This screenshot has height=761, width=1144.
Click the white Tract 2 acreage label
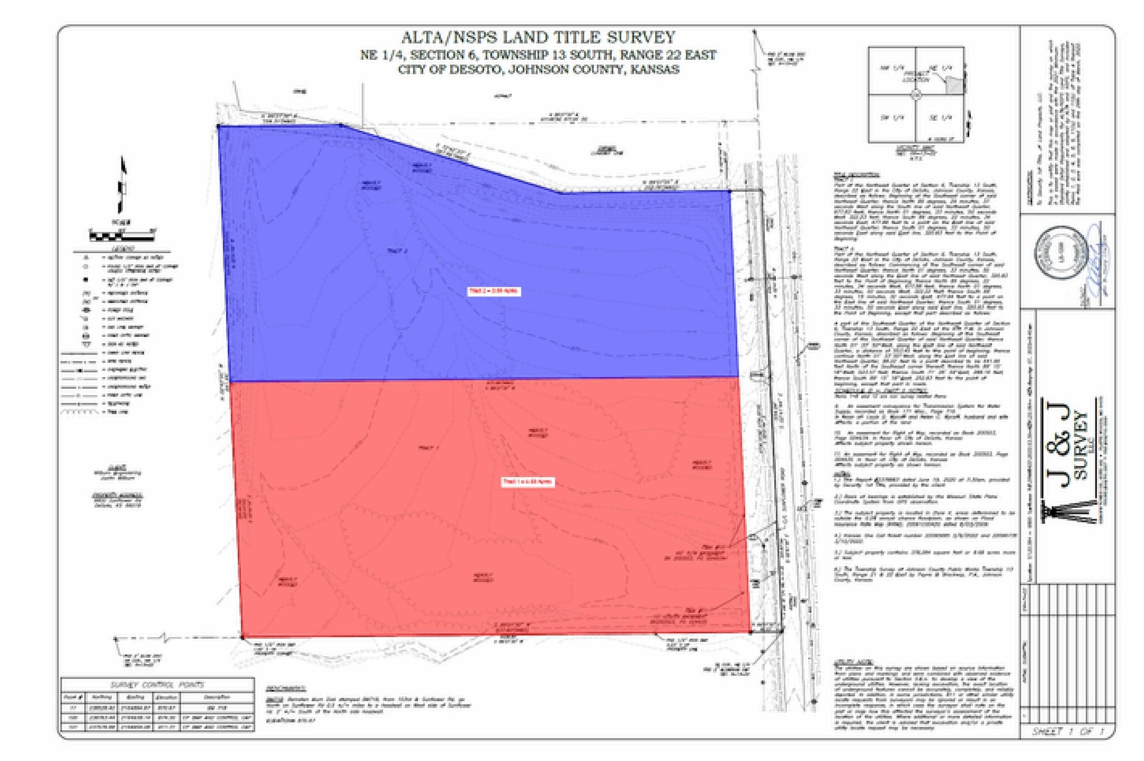click(x=494, y=291)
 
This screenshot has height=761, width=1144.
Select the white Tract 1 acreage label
click(x=527, y=482)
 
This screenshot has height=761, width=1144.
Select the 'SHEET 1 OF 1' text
click(x=1067, y=731)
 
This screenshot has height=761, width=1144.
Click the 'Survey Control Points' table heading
click(x=157, y=685)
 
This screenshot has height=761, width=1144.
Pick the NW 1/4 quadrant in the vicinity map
click(x=892, y=69)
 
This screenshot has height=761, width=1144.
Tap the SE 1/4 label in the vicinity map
click(x=941, y=118)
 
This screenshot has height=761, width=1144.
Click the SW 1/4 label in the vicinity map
click(x=892, y=118)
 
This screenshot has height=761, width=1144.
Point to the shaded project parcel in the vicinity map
click(x=955, y=85)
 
